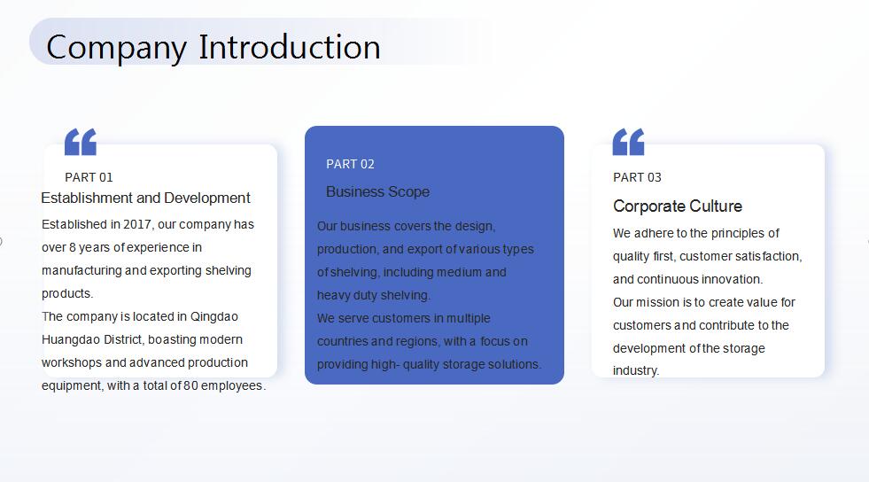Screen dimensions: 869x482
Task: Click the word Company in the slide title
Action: (116, 48)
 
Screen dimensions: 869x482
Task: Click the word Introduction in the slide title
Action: (290, 47)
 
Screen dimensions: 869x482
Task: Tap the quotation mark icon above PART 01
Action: (81, 142)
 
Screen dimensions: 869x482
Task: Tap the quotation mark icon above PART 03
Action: (628, 142)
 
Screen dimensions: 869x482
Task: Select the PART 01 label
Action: (89, 177)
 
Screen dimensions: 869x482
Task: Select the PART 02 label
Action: (350, 164)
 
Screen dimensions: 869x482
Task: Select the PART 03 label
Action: (637, 177)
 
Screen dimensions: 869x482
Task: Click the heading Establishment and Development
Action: (146, 198)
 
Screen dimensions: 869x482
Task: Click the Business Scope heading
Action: (378, 191)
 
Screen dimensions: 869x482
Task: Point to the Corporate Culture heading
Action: (678, 206)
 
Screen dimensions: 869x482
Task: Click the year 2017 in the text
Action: (137, 224)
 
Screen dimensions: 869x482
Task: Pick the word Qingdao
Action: (213, 317)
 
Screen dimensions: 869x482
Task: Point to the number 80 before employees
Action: (190, 385)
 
